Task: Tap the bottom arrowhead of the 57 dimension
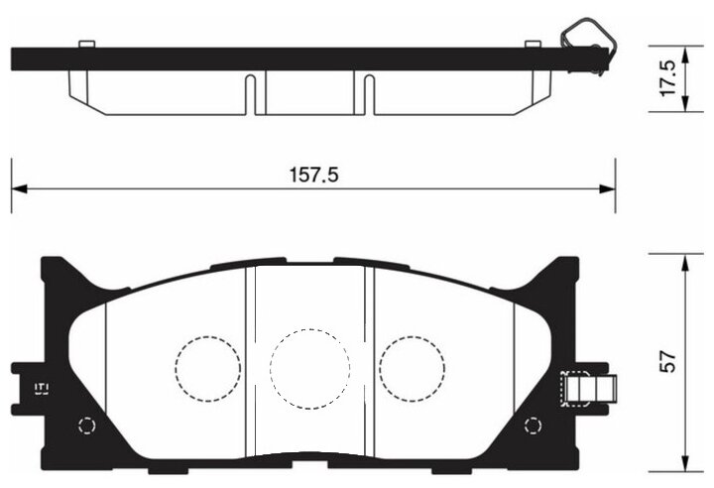pos(685,466)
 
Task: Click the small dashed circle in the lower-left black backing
pos(86,427)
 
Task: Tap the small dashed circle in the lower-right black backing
pos(535,427)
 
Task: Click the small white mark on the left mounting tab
pos(42,387)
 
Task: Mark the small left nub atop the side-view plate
pos(86,43)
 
